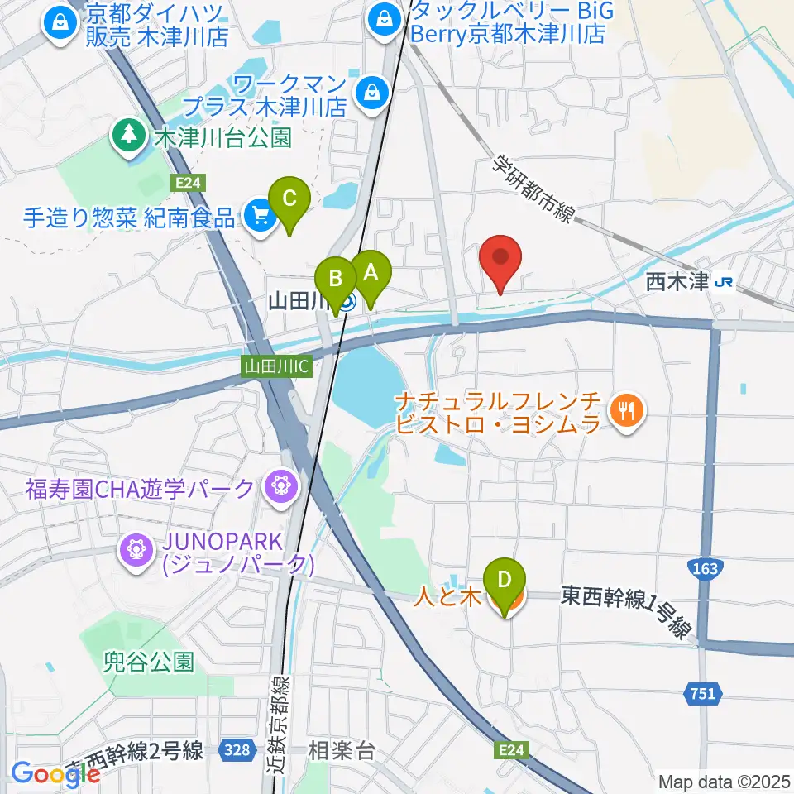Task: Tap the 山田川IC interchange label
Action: pyautogui.click(x=277, y=365)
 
